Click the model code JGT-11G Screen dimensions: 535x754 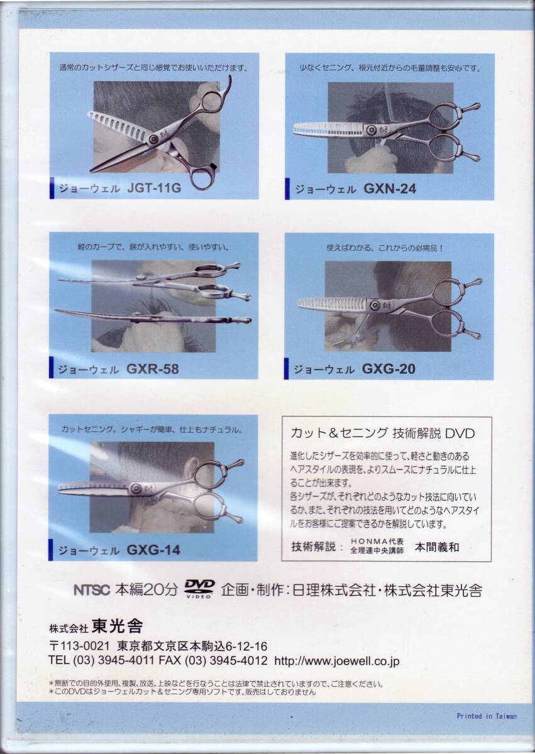pyautogui.click(x=154, y=188)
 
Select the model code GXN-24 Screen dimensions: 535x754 pyautogui.click(x=390, y=188)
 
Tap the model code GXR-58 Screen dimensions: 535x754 pyautogui.click(x=153, y=369)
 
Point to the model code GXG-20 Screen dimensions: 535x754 pyautogui.click(x=389, y=369)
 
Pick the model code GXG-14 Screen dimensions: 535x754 pyautogui.click(x=153, y=550)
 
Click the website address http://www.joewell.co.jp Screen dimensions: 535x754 pyautogui.click(x=337, y=661)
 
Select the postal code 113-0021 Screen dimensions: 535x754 pyautogui.click(x=79, y=646)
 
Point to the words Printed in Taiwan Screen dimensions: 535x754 pyautogui.click(x=487, y=716)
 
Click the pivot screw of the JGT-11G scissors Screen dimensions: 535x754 pyautogui.click(x=154, y=139)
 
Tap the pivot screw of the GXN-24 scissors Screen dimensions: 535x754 pyautogui.click(x=372, y=129)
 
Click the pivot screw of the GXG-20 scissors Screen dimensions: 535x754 pyautogui.click(x=375, y=305)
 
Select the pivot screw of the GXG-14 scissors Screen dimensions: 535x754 pyautogui.click(x=136, y=488)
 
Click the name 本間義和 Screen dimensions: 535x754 pyautogui.click(x=437, y=547)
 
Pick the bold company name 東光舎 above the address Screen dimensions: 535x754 pyautogui.click(x=118, y=626)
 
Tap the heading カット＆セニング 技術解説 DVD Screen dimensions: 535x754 pyautogui.click(x=382, y=433)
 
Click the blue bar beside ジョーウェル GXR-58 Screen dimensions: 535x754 pyautogui.click(x=51, y=368)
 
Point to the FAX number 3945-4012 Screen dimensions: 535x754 pyautogui.click(x=239, y=660)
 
